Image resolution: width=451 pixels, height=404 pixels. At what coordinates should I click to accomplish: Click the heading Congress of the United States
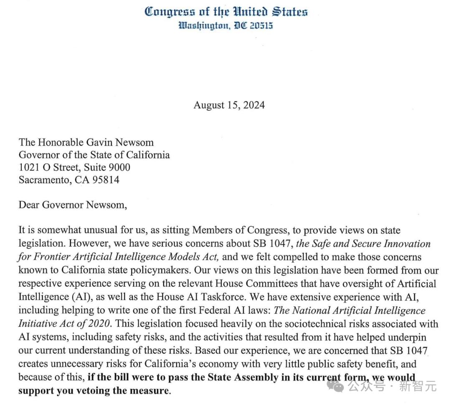[x=226, y=12]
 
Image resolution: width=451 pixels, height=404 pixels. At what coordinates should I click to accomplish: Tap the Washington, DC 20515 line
[x=226, y=26]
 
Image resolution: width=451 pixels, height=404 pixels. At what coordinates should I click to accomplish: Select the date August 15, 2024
[x=229, y=105]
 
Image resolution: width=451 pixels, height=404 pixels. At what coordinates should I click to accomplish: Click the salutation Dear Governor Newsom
[x=72, y=205]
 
